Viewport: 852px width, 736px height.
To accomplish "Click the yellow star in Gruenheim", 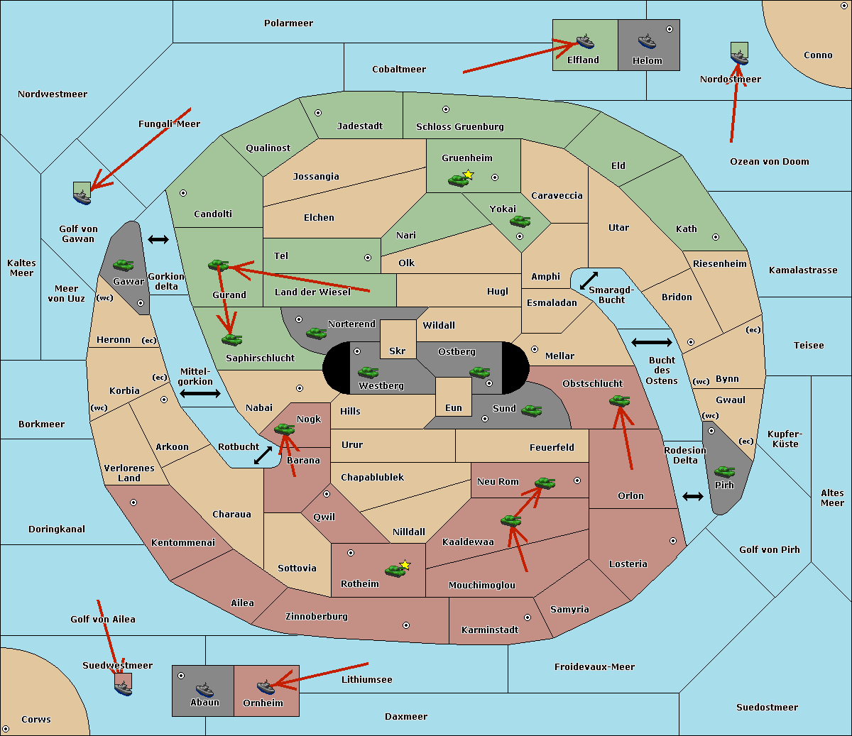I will click(x=468, y=175).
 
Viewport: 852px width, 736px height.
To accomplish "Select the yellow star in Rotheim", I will click(x=405, y=565).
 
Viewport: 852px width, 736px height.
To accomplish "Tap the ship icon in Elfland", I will click(x=585, y=41).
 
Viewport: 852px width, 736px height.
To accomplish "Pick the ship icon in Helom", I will click(x=646, y=41).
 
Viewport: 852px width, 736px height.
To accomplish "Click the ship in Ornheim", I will click(x=266, y=686).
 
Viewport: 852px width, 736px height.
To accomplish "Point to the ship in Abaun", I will click(x=204, y=688).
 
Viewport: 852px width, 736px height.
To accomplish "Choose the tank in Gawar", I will click(x=124, y=265).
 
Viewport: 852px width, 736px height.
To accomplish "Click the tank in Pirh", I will click(x=724, y=471).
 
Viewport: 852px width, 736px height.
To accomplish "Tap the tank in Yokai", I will click(x=520, y=221).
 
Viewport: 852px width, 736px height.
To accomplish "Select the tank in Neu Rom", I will click(x=545, y=483).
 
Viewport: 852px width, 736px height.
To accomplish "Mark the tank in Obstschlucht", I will click(x=619, y=401).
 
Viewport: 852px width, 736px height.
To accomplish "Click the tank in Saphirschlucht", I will click(x=231, y=340).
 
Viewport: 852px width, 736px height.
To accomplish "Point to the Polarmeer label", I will click(x=288, y=23).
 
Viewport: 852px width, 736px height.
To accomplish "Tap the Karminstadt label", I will click(x=490, y=630).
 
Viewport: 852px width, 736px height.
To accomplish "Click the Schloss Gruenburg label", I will click(x=459, y=127).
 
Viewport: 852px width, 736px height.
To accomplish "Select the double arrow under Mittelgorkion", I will click(x=200, y=393).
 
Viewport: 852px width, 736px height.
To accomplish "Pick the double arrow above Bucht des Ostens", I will click(x=651, y=343).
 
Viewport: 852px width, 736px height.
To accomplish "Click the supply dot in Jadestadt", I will click(x=318, y=112).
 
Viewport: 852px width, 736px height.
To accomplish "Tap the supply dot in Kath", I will click(x=716, y=237).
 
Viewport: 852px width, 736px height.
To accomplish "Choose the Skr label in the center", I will click(x=398, y=351).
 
